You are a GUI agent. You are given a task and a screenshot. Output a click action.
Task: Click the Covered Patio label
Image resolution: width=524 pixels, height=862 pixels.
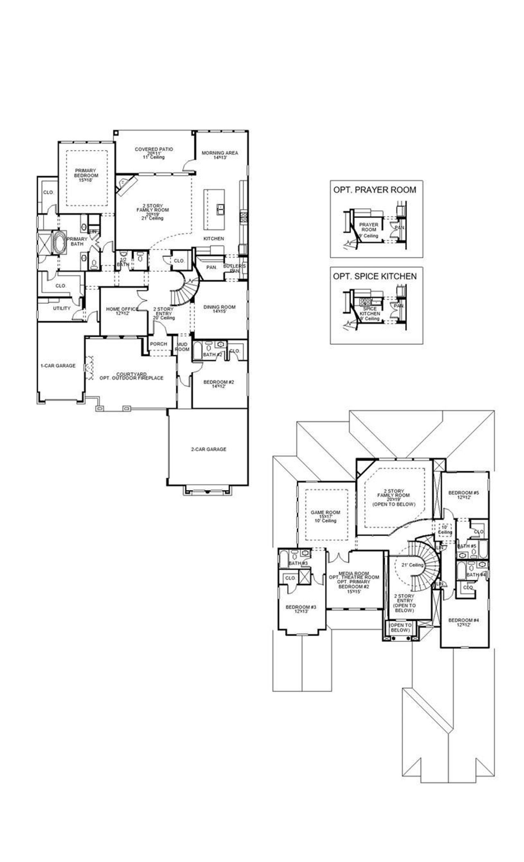154,153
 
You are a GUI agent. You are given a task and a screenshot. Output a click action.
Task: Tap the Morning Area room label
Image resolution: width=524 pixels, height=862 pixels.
220,155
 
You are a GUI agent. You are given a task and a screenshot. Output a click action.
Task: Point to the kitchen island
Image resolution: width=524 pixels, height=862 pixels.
215,209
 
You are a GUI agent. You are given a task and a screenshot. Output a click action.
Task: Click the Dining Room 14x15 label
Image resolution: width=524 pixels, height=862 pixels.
219,309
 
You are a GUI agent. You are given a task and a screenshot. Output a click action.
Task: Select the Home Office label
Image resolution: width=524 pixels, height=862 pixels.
122,311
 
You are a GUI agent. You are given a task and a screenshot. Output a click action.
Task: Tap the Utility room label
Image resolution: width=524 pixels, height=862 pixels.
62,308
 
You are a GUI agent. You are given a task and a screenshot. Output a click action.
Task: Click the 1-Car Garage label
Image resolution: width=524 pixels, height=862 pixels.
58,366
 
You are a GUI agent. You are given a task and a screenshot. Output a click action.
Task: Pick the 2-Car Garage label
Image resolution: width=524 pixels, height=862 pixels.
208,449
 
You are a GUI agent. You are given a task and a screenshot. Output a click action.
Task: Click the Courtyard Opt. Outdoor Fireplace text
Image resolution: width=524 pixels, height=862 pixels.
131,376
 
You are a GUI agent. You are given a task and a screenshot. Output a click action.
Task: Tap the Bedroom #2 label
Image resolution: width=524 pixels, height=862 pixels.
219,384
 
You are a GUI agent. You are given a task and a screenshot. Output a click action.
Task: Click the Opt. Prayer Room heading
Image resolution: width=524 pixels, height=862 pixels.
375,190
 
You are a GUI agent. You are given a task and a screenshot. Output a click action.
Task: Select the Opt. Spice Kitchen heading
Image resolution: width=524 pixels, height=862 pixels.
375,276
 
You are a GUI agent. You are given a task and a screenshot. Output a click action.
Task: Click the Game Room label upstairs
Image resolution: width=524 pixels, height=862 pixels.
325,516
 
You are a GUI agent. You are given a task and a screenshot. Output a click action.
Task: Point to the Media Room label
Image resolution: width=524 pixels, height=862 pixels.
354,582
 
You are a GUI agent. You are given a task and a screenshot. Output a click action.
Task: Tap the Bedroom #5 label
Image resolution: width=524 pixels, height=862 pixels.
463,495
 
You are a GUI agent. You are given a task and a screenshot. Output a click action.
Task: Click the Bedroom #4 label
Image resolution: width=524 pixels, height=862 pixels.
463,622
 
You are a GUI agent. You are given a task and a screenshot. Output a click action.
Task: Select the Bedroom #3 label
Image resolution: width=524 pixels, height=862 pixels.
301,609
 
